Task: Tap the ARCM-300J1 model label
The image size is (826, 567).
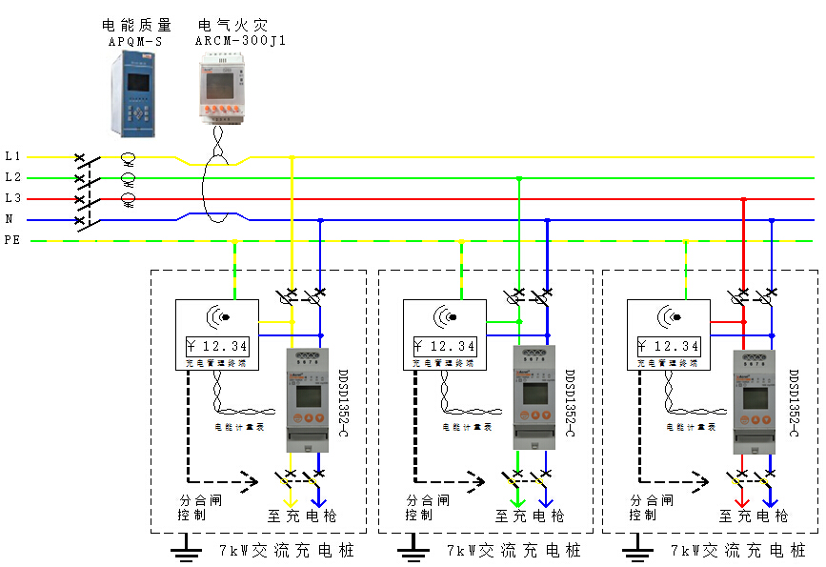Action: tap(240, 41)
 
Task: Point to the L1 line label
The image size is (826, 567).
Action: tap(12, 155)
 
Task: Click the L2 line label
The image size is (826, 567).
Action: tap(12, 177)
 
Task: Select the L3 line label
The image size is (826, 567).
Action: tap(12, 198)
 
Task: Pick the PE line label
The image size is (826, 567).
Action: tap(12, 241)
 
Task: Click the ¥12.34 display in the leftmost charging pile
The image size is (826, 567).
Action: tap(216, 346)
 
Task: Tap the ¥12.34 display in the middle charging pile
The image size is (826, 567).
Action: tap(444, 346)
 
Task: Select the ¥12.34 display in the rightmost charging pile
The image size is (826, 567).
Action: tap(668, 346)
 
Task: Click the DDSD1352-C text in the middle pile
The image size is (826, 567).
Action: tap(570, 403)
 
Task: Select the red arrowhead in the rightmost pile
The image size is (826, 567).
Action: tap(741, 500)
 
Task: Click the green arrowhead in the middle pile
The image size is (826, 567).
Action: tap(517, 500)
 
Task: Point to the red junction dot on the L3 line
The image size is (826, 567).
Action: tap(744, 199)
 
